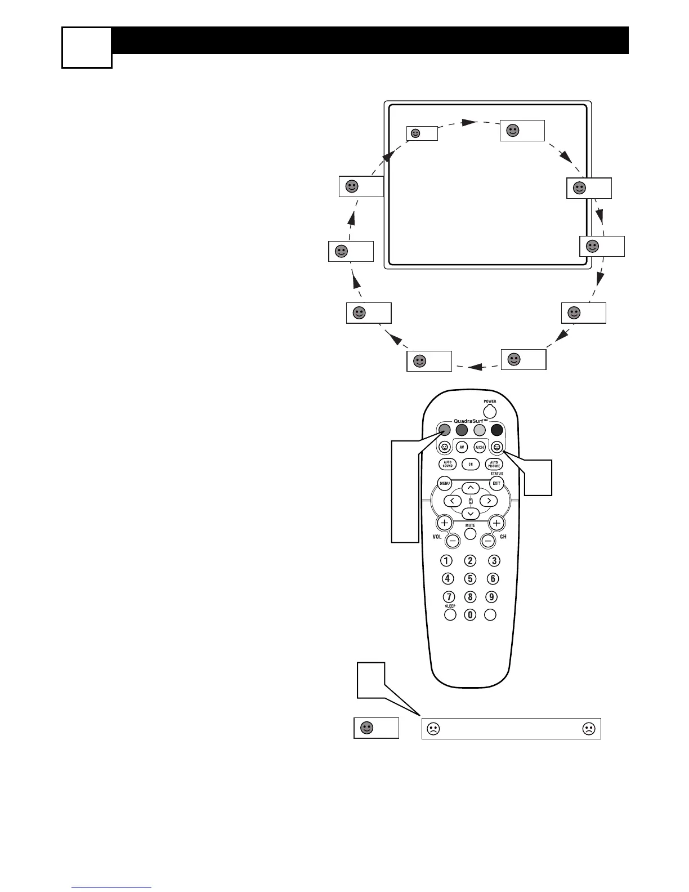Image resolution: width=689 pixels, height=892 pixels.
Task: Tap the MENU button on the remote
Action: tap(445, 483)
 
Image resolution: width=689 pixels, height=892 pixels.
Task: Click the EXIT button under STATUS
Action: tap(496, 483)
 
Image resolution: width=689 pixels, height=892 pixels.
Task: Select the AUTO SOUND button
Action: tap(448, 465)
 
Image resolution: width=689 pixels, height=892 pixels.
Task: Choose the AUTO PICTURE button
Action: tap(494, 465)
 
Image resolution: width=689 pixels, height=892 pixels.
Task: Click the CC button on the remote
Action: tap(471, 465)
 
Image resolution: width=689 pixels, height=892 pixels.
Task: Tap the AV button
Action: tap(462, 447)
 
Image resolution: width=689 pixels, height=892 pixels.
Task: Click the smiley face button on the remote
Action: tap(445, 447)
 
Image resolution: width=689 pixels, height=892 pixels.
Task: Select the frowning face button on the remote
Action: tap(496, 447)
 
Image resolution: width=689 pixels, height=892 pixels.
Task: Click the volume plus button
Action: tap(445, 523)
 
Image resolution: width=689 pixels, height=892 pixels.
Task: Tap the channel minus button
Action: tap(488, 541)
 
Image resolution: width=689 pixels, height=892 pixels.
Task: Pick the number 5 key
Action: tap(470, 578)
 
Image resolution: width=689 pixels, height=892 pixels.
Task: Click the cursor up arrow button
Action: tap(471, 488)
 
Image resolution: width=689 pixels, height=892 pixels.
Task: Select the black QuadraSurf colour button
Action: tap(496, 430)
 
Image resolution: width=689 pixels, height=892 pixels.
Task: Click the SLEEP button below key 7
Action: tap(450, 615)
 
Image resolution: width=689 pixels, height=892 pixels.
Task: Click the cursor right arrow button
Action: tap(489, 501)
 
